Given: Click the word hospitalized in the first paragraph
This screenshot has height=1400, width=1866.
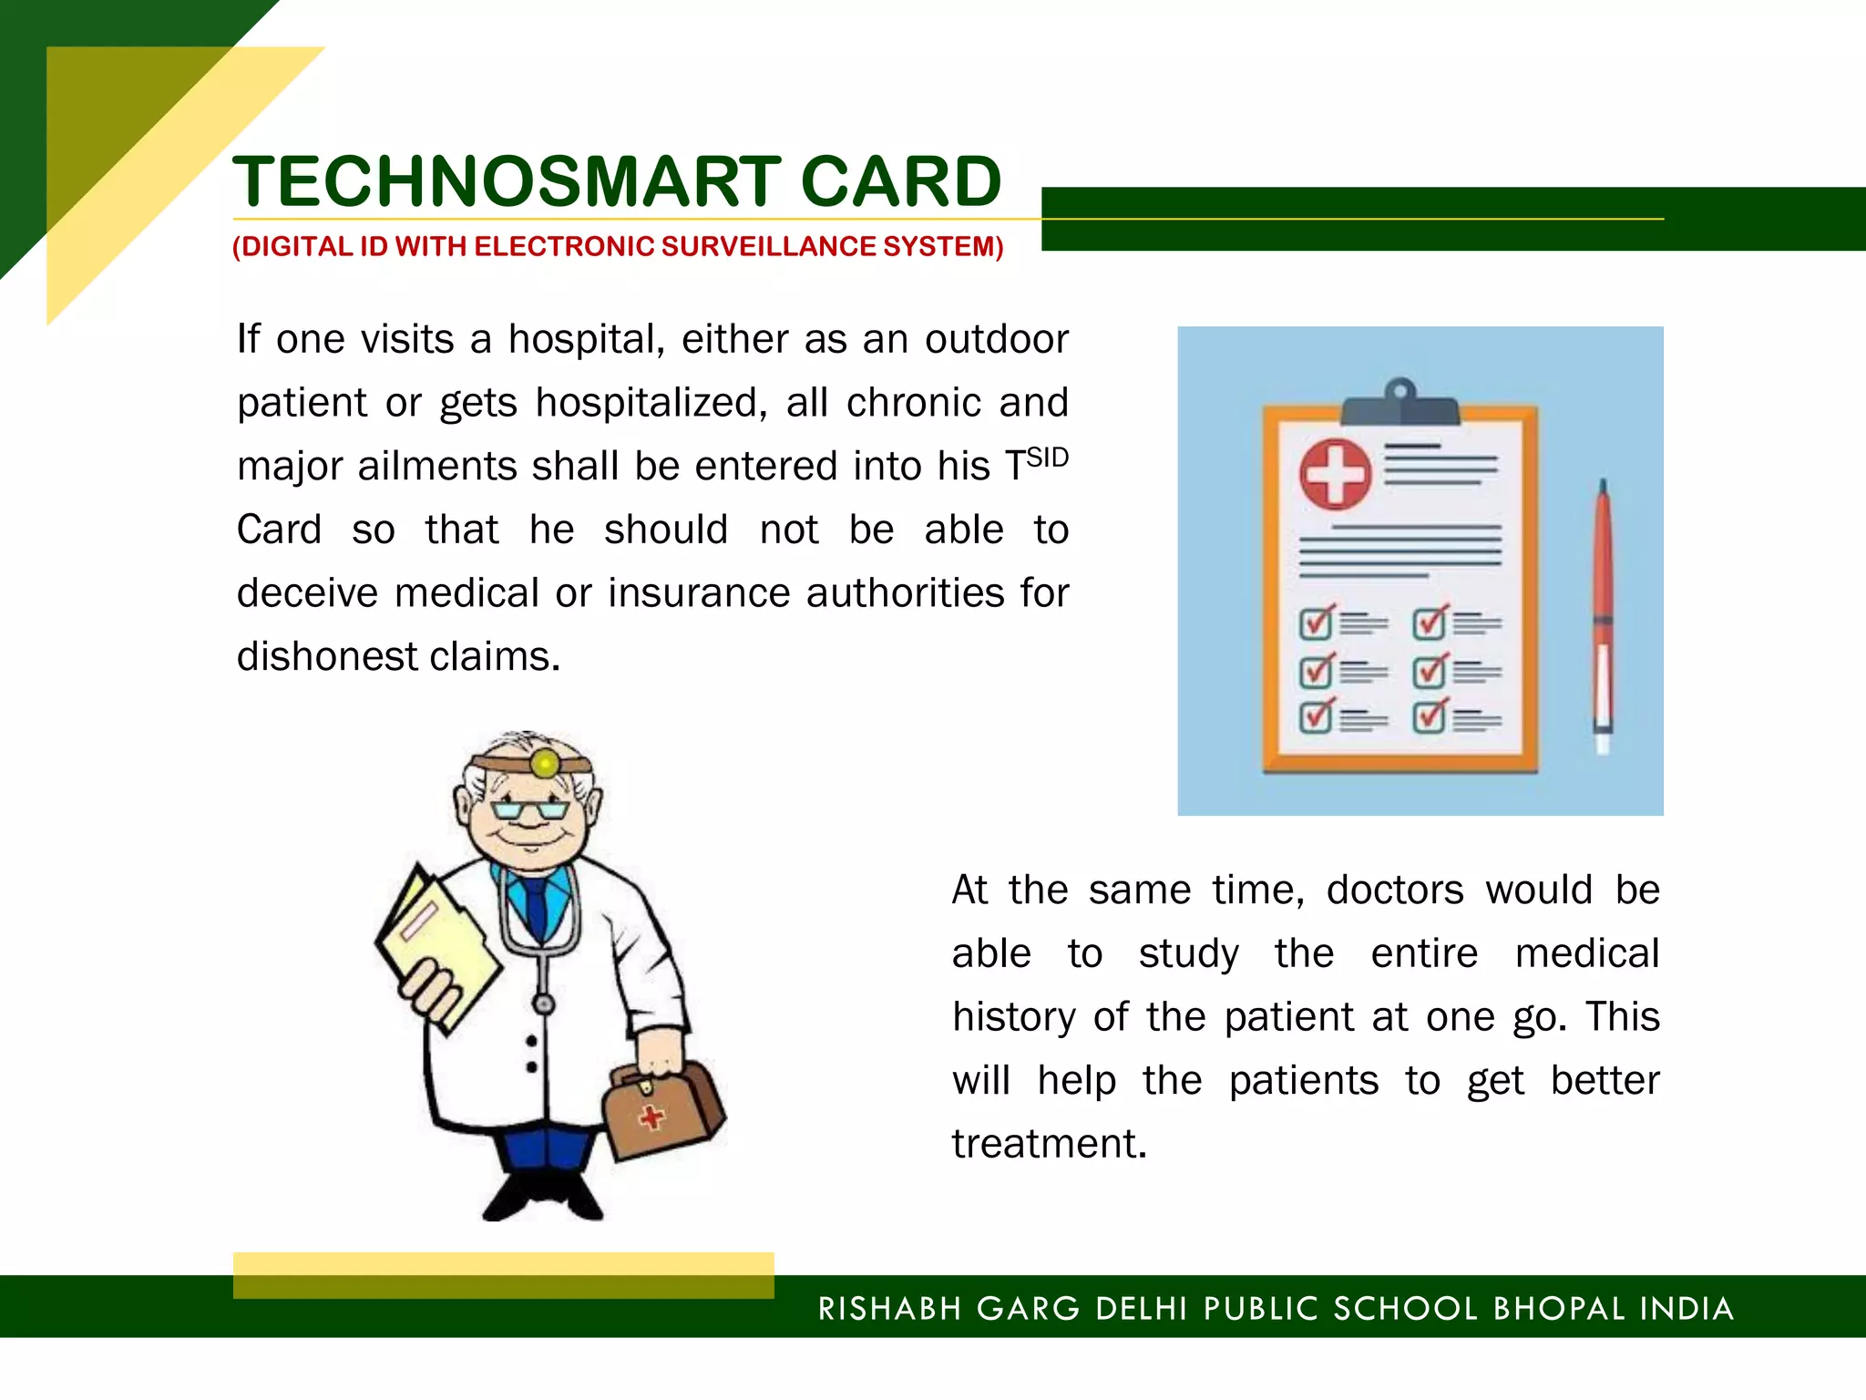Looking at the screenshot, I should click(646, 403).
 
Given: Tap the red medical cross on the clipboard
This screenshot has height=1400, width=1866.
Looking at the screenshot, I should click(1335, 474).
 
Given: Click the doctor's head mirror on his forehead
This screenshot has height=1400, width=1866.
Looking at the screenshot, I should click(545, 762).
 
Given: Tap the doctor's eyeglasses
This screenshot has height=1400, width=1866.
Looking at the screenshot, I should click(528, 809).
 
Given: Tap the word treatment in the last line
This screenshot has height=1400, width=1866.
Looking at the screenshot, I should click(1048, 1144).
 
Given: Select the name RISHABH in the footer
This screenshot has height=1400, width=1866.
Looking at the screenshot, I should click(889, 1309).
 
